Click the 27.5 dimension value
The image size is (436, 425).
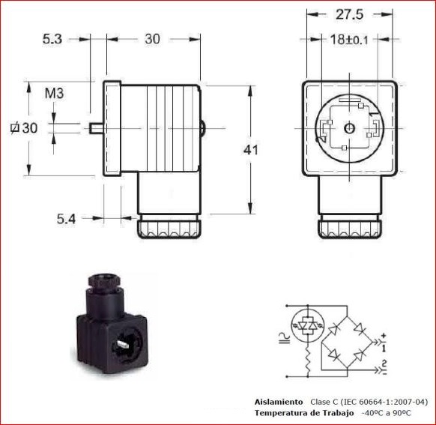349,14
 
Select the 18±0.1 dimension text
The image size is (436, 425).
349,40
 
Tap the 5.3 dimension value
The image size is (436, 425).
52,39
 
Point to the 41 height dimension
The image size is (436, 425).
251,150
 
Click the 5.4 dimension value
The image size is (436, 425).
66,219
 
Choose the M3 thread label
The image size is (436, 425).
54,94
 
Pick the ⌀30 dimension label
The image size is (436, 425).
24,128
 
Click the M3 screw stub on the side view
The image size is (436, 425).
96,128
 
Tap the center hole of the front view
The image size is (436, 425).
349,128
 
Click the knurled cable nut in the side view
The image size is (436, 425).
169,226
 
